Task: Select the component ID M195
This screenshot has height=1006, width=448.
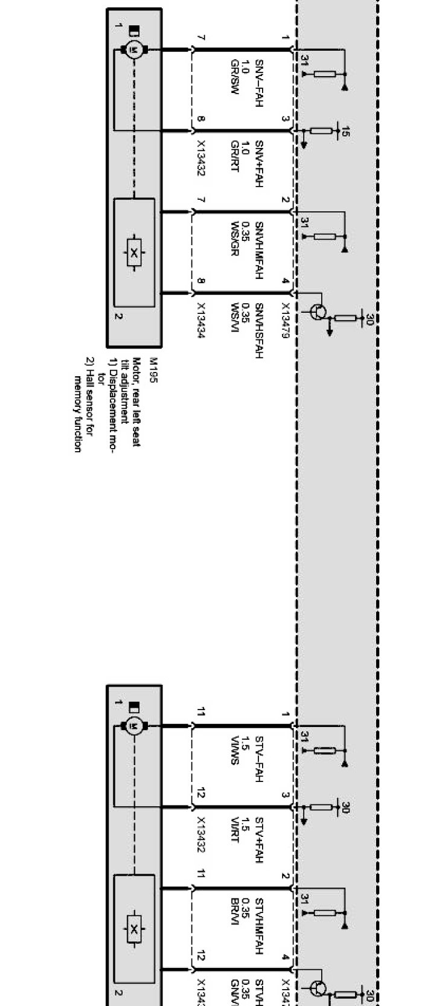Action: [152, 367]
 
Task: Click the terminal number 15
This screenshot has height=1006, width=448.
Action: [345, 130]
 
